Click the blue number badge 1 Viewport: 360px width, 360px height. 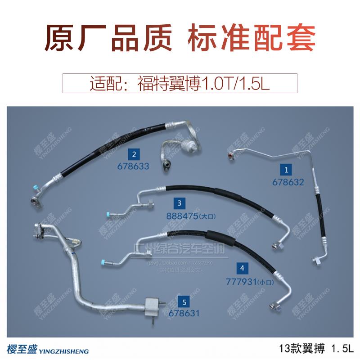(x=285, y=169)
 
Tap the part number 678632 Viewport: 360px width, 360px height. (x=288, y=182)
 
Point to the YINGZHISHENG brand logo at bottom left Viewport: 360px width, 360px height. (x=48, y=350)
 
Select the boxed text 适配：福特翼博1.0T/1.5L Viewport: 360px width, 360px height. (x=180, y=84)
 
